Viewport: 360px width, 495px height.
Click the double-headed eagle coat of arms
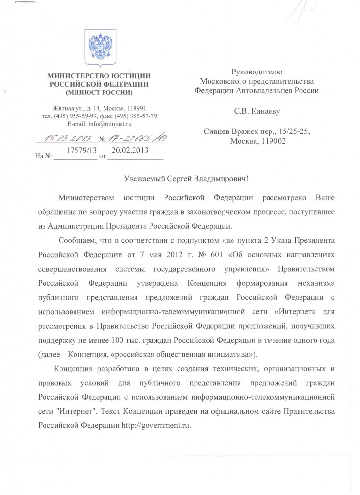(x=100, y=46)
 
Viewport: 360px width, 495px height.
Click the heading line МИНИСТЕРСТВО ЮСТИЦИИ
(x=100, y=75)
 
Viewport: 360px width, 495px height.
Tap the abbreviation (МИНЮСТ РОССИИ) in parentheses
(x=100, y=91)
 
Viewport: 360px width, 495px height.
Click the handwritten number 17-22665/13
(x=136, y=139)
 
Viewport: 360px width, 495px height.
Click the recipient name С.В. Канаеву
(x=257, y=111)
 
